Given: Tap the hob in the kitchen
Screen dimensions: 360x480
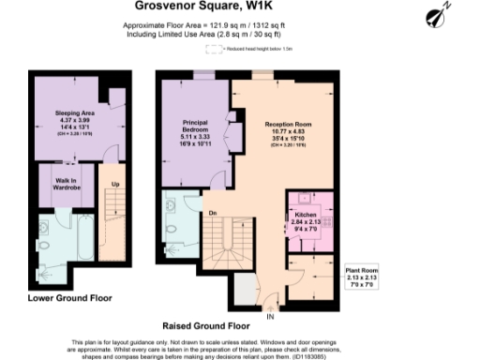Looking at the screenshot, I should pyautogui.click(x=306, y=200).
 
